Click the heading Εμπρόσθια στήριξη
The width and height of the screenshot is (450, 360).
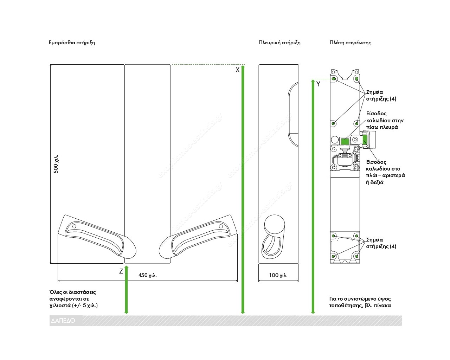tap(72, 43)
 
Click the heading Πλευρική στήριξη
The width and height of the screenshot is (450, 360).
tap(279, 43)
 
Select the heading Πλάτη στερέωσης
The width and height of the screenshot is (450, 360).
tap(351, 43)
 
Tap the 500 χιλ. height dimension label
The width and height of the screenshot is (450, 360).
tap(56, 164)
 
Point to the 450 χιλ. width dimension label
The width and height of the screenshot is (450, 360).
tap(147, 275)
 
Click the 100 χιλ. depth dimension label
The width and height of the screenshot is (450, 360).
tap(278, 275)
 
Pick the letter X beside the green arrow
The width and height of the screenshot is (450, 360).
tap(237, 70)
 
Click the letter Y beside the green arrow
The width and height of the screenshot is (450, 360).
tap(318, 84)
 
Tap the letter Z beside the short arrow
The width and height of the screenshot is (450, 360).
tap(121, 271)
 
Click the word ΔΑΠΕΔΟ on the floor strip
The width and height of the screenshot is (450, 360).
tap(63, 321)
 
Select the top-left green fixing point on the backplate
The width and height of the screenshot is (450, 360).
tap(334, 79)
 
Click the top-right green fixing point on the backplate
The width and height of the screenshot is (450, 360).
tap(357, 79)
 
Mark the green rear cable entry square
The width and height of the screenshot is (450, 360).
tap(345, 142)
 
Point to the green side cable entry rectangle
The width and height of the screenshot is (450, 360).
tap(365, 140)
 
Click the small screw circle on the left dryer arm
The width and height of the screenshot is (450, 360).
tap(74, 226)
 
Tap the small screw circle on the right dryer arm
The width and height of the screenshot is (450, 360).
tap(221, 226)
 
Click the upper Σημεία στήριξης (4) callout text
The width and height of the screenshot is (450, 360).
tap(381, 95)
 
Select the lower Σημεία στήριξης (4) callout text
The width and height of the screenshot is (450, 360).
tap(381, 243)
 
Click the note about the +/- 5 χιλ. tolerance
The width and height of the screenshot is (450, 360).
tap(73, 299)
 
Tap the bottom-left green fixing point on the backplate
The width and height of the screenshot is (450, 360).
tap(333, 256)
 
